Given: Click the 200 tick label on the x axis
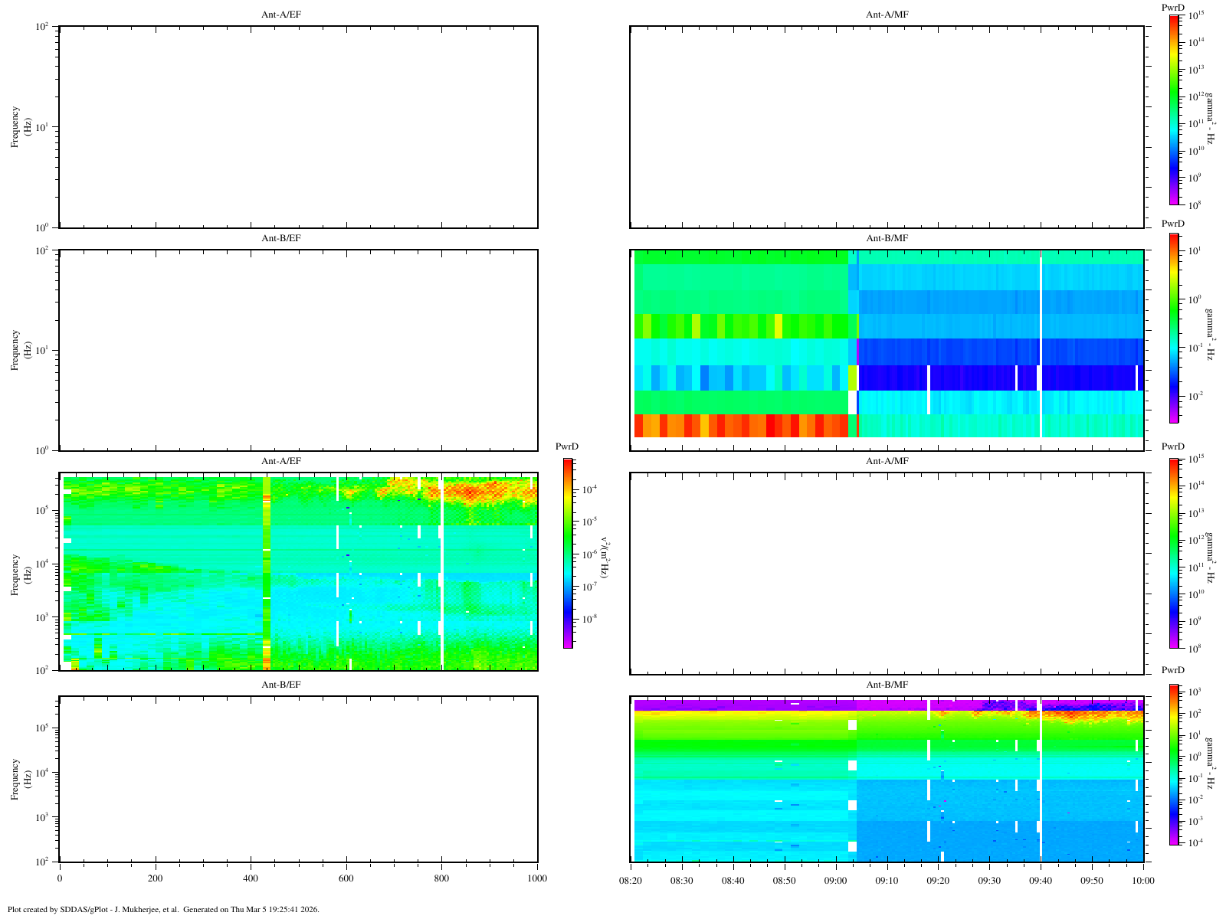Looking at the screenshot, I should pyautogui.click(x=155, y=878).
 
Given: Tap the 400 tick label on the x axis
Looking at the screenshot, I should pyautogui.click(x=251, y=878).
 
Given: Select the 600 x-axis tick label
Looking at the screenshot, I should pyautogui.click(x=346, y=878).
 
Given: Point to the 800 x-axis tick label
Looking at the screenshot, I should pyautogui.click(x=441, y=878).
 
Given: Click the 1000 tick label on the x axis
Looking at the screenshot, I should pyautogui.click(x=537, y=878).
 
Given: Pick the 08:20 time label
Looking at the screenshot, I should pyautogui.click(x=631, y=881).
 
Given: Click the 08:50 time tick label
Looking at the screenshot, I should pyautogui.click(x=785, y=881).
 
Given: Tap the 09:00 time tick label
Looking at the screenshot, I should pyautogui.click(x=836, y=881).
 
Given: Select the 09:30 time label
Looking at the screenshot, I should pyautogui.click(x=990, y=881).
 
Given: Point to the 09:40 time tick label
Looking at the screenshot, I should pyautogui.click(x=1041, y=881).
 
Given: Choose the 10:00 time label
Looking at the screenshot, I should pyautogui.click(x=1143, y=881).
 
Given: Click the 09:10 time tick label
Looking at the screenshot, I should pyautogui.click(x=887, y=881).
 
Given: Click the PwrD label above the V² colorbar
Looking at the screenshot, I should pyautogui.click(x=567, y=446).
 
